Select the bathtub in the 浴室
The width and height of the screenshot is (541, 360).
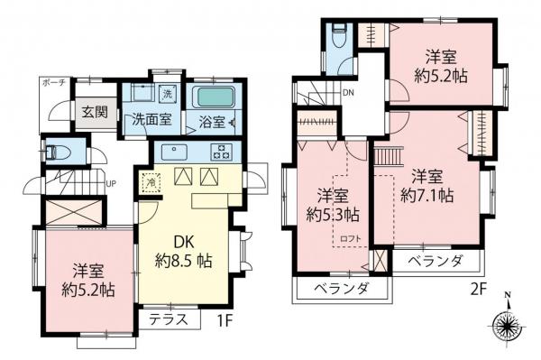(213, 97)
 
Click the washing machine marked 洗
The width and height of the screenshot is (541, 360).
(168, 95)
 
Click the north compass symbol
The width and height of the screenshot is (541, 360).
(507, 321)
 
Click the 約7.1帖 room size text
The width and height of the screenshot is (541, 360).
(427, 195)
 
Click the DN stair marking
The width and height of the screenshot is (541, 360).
(348, 94)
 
